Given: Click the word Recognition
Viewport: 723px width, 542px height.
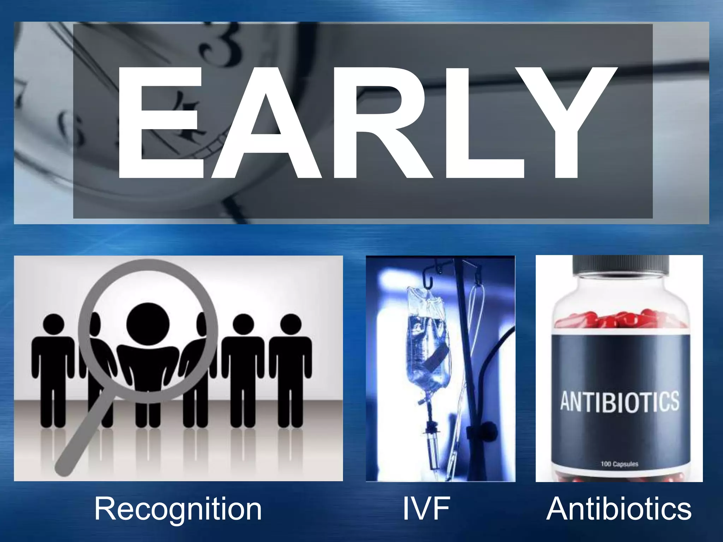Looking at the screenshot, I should [178, 509].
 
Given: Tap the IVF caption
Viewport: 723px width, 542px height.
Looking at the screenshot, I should [426, 509].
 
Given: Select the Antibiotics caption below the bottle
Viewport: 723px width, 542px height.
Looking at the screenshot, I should [619, 509].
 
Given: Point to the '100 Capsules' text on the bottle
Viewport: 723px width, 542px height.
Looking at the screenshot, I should [619, 464].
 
